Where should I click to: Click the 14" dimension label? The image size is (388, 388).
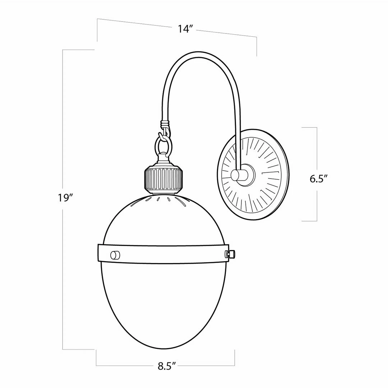(185, 29)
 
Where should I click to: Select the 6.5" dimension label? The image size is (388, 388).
(319, 179)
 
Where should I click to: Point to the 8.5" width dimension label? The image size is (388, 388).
(167, 366)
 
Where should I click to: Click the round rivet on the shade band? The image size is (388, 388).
(115, 255)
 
